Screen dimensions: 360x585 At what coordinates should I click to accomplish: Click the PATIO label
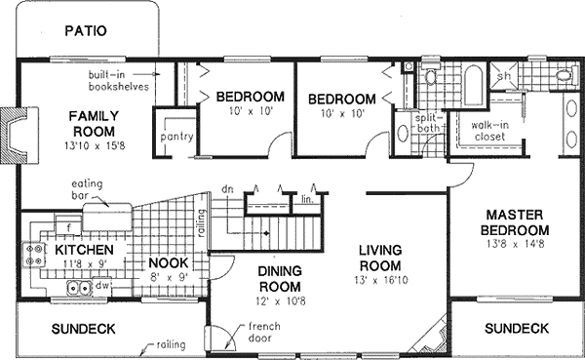[85, 30]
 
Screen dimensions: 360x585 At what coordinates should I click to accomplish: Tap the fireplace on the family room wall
[11, 131]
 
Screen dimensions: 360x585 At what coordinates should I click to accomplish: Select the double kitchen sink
[79, 289]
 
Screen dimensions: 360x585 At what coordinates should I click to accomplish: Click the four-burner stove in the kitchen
[35, 256]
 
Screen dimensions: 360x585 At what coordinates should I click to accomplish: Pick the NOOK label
[168, 262]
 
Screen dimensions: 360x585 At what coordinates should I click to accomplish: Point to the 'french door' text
[264, 333]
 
